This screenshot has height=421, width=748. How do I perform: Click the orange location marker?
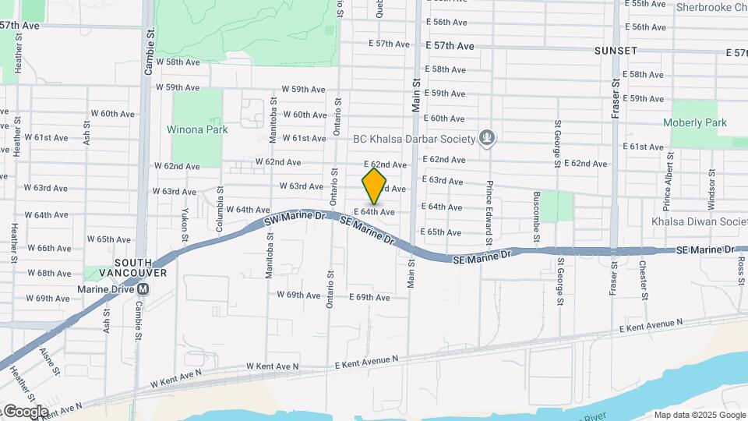[x=374, y=186]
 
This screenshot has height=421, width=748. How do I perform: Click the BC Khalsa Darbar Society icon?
[x=488, y=139]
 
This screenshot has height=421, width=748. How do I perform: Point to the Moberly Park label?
[x=694, y=122]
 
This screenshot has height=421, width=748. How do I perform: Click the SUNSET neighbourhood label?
[x=616, y=51]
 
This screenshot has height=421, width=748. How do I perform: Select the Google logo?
[x=25, y=411]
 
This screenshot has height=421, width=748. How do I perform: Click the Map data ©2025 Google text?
[x=699, y=415]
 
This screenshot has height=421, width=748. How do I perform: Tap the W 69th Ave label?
[x=299, y=295]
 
